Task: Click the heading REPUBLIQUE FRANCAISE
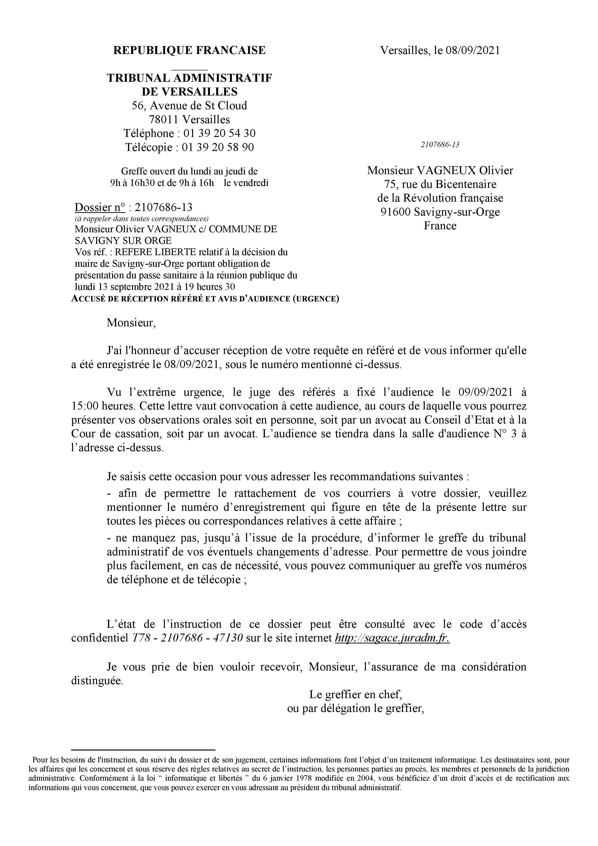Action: click(189, 50)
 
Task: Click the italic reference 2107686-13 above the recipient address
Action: click(440, 144)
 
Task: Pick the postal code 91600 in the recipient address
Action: click(396, 212)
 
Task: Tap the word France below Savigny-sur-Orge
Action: click(440, 225)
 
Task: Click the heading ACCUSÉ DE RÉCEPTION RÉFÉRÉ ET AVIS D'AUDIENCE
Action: click(205, 299)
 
